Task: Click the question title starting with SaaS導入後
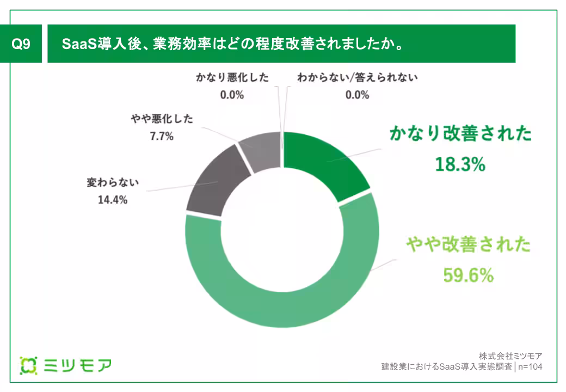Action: pos(233,44)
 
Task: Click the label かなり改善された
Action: pos(460,134)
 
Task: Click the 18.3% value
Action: pos(460,164)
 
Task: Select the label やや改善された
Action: pos(468,245)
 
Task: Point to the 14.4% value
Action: pos(113,200)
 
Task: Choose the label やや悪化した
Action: pos(162,119)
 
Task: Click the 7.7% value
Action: pos(162,137)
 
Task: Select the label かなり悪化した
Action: pos(232,77)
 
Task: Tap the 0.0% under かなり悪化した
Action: pos(232,95)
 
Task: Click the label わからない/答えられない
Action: pos(357,77)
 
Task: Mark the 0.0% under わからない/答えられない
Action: pos(357,95)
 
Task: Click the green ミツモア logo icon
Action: pos(28,365)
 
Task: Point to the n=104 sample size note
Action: pos(531,366)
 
